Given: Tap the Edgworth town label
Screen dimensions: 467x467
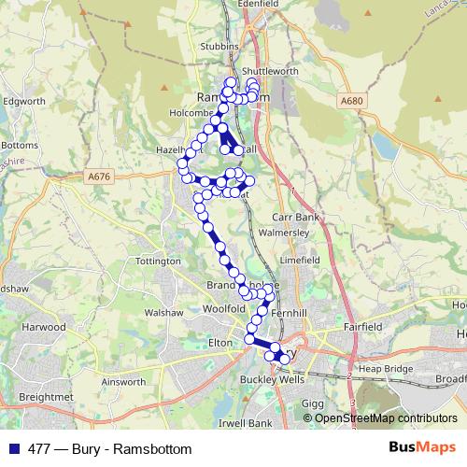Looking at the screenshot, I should click(x=24, y=101).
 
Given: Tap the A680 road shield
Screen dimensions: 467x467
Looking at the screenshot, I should click(x=351, y=100).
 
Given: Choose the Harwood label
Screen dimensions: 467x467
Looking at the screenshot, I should click(x=46, y=328).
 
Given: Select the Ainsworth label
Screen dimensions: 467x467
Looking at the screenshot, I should click(x=124, y=381).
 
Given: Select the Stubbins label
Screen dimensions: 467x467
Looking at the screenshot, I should click(x=219, y=45).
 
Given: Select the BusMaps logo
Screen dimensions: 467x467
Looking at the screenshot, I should click(x=422, y=448).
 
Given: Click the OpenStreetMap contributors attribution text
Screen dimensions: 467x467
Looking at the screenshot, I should click(x=385, y=419).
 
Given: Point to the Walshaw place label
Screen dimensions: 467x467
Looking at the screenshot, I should click(x=163, y=313).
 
